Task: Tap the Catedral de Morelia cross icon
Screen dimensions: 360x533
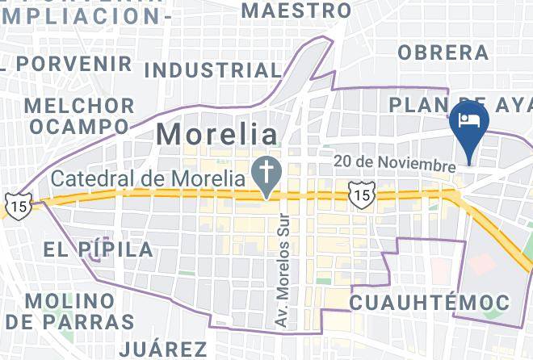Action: click(x=263, y=170)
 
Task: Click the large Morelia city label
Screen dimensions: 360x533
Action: click(x=216, y=134)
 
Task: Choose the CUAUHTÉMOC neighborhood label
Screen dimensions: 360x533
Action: click(x=429, y=303)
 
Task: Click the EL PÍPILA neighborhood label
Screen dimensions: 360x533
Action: click(x=99, y=249)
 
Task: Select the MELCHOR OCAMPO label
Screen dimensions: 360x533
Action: click(x=79, y=116)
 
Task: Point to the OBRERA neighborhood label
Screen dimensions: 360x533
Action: click(x=443, y=52)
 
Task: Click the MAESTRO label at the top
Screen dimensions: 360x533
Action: click(x=297, y=10)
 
